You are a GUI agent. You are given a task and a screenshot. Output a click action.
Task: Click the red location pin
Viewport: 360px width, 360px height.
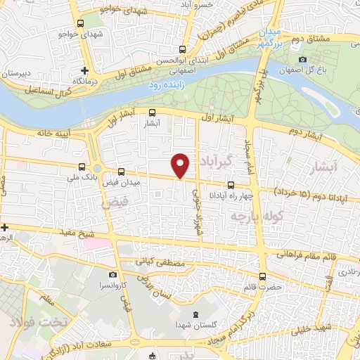point(181,165)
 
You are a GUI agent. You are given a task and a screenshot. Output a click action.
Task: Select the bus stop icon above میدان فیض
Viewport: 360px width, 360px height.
point(121,172)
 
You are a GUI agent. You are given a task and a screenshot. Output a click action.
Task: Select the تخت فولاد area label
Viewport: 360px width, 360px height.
point(31,321)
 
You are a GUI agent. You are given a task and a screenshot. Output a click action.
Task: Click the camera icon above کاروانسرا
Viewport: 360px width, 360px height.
point(112,275)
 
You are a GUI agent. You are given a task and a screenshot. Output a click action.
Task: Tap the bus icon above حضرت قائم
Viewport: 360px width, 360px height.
point(262,276)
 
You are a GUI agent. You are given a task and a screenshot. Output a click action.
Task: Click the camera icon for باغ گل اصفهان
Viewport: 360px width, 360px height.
point(302,60)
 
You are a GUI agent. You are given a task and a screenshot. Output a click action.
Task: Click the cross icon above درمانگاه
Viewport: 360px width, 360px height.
point(85,70)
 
